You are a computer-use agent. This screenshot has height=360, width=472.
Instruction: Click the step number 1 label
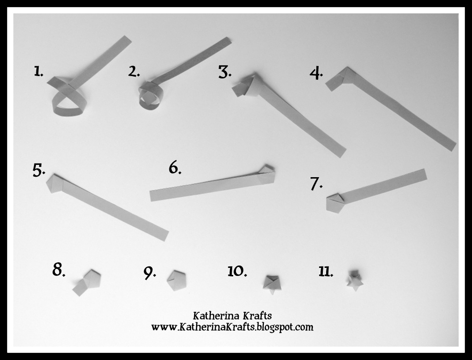point(38,71)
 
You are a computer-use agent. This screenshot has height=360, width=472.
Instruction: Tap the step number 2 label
point(134,71)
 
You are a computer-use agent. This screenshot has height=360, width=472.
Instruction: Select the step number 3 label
point(225,72)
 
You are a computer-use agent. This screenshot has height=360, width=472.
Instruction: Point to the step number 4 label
point(316,74)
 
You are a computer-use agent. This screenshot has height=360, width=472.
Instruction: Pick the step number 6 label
point(175,168)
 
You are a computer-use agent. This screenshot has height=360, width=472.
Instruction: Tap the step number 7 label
point(316,183)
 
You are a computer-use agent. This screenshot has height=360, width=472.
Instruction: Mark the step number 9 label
point(150,273)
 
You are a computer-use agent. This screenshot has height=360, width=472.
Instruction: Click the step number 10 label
point(237,271)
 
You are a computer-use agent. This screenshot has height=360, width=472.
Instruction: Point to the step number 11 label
point(326,272)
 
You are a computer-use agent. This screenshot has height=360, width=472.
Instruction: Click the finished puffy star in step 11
point(355,281)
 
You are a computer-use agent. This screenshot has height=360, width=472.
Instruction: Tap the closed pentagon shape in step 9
point(177,281)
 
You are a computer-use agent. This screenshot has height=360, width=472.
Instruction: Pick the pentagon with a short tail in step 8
point(87,283)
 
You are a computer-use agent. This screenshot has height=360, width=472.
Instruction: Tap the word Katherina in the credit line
point(212,316)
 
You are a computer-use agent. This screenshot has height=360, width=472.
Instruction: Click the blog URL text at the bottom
point(232,327)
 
